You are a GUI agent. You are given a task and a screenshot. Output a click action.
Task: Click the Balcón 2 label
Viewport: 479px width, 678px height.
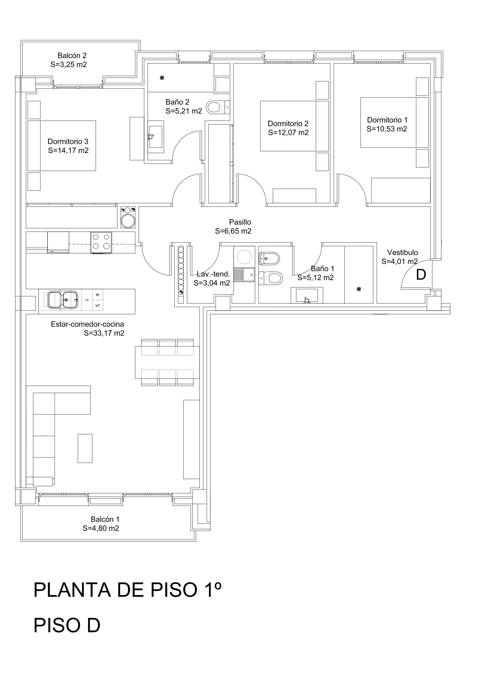[x=72, y=55]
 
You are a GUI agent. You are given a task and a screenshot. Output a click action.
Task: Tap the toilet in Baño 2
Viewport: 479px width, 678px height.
[x=218, y=107]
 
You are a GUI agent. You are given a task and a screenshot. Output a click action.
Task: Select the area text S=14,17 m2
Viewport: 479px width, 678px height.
[x=68, y=151]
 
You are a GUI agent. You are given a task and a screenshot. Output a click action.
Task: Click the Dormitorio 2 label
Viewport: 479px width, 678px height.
[x=288, y=123]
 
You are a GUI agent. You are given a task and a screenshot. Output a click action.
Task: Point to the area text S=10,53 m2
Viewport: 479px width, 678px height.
[x=387, y=129]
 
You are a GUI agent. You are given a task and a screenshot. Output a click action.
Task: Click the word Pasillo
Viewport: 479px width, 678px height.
[x=240, y=222]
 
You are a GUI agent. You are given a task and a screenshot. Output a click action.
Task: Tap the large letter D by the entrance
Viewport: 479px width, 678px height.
[x=421, y=275]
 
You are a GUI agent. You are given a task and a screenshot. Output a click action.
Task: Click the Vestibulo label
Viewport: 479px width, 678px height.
[x=402, y=252]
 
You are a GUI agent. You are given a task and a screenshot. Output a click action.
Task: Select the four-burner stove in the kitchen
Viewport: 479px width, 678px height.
[x=101, y=243]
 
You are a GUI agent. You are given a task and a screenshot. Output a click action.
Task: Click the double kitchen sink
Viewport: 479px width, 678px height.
[x=63, y=300]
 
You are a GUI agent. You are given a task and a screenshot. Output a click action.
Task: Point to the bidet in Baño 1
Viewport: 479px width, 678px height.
[x=269, y=259]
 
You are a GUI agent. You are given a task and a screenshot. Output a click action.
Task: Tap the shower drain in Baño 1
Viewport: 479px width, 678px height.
[x=359, y=289]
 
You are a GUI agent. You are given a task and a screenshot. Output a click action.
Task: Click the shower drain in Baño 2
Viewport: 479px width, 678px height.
[x=162, y=78]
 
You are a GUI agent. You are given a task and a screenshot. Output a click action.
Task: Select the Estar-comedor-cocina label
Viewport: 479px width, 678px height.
[x=87, y=324]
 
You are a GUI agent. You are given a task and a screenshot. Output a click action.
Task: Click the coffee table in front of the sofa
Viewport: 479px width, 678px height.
[x=85, y=448]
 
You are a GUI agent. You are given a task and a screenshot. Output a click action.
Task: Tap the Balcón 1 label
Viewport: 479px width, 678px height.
[x=105, y=519]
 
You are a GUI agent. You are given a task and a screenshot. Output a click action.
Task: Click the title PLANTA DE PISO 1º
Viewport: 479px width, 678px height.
[x=127, y=590]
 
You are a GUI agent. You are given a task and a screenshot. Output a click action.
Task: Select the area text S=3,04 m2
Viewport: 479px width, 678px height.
[x=212, y=283]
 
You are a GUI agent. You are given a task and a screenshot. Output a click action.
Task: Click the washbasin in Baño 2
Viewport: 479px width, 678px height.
[x=156, y=137]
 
